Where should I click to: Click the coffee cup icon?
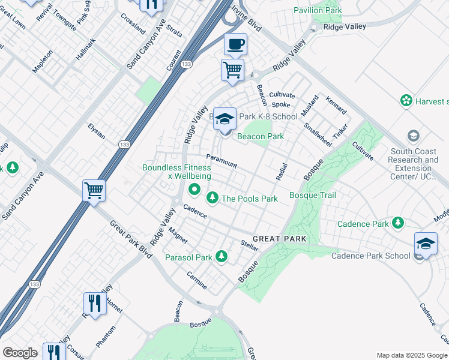pos(235,44)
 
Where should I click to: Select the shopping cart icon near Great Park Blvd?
pos(94,191)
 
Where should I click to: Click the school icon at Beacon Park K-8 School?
pos(224,119)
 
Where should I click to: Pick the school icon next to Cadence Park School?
pos(426,244)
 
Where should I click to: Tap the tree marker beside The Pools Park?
pos(212,197)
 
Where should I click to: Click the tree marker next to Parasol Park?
pos(221,257)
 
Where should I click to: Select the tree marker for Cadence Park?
pos(397,223)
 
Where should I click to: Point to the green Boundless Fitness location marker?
pos(194,190)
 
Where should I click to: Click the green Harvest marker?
pos(406,100)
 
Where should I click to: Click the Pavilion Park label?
pos(318,10)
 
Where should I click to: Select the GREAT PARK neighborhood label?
pos(279,239)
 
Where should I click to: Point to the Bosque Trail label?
pos(312,195)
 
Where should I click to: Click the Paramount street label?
pos(221,161)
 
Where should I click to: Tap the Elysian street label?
pos(96,131)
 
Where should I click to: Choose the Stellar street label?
pos(249,245)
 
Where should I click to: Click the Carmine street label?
pos(196,280)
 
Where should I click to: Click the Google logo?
pos(20,353)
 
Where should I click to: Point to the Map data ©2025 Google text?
pos(411,355)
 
